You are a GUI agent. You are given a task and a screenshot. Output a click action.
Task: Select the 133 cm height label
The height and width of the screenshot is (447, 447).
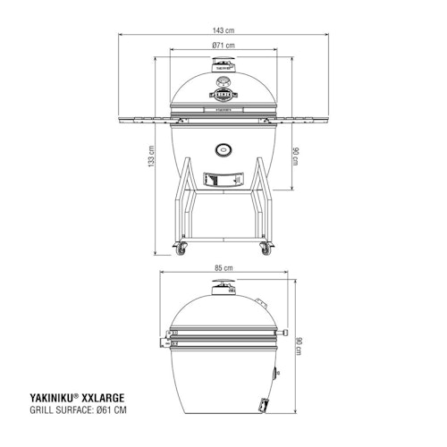click(x=153, y=159)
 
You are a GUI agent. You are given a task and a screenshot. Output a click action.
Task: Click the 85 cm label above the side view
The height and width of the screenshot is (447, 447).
click(x=223, y=267)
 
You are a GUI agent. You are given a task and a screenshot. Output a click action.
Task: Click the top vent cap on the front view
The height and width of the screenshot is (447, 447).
click(x=223, y=65)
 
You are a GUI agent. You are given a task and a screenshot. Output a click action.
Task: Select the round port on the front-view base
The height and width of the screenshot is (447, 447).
click(x=223, y=148)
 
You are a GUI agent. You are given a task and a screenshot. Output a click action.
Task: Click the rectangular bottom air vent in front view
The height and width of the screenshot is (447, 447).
click(x=223, y=178)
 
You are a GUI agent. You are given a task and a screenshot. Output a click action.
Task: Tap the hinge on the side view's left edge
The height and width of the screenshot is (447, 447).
click(x=165, y=342)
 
